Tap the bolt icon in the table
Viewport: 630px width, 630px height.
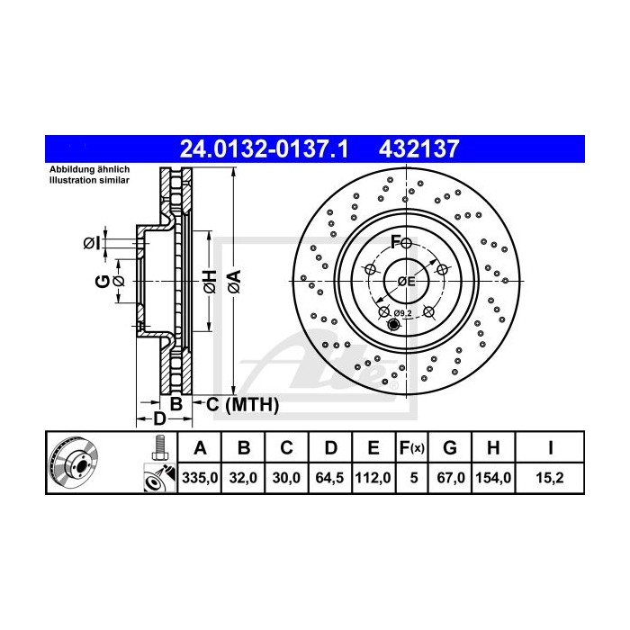point(158,446)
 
